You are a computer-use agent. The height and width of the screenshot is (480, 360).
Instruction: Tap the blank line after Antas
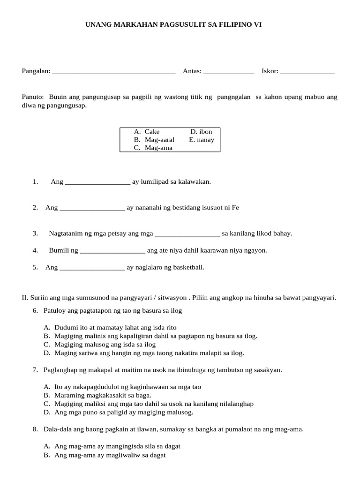tap(229, 72)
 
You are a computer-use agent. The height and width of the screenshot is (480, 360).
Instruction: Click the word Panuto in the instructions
tap(32, 97)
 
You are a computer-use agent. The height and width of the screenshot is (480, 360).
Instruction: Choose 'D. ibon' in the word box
tap(201, 132)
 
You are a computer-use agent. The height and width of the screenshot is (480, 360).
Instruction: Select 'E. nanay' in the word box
tap(202, 140)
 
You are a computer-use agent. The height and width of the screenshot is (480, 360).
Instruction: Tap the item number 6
tap(35, 310)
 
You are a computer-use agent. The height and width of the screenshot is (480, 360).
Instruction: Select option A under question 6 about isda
tap(115, 327)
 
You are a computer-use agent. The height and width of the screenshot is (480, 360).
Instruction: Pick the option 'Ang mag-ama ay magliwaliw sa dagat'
tap(110, 455)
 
